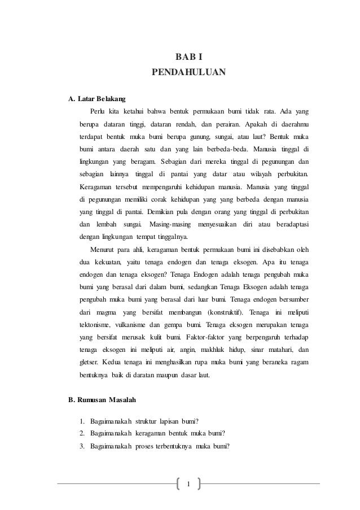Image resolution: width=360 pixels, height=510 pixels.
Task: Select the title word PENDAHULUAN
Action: pyautogui.click(x=188, y=73)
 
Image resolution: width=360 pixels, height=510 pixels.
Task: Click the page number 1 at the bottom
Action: pyautogui.click(x=188, y=483)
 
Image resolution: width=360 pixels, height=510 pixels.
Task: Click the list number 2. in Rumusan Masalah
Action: pyautogui.click(x=82, y=433)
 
